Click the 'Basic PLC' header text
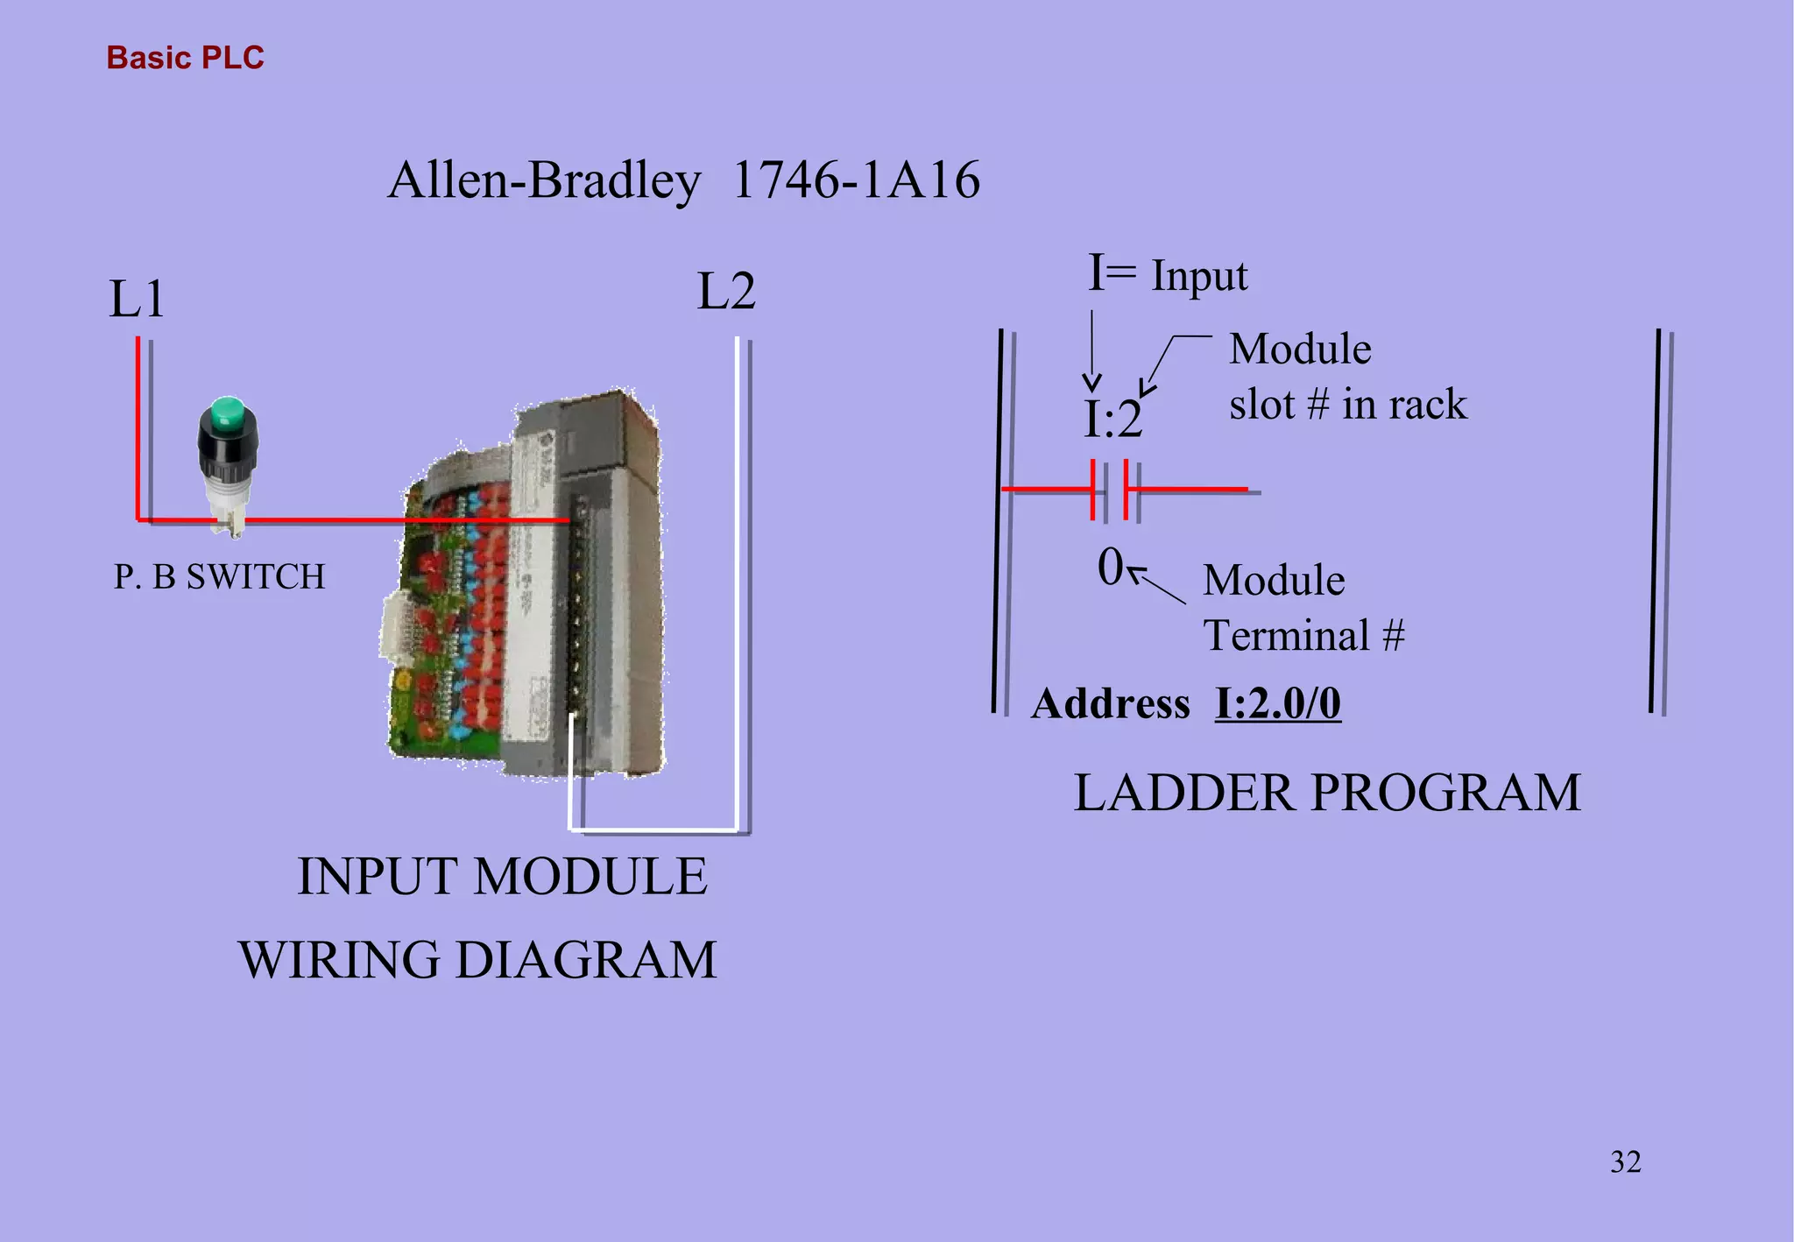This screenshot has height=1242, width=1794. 185,58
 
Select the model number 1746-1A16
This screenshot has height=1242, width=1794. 856,180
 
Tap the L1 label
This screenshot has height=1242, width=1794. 137,300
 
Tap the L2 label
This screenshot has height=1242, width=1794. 726,292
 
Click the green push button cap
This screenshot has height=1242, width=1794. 228,414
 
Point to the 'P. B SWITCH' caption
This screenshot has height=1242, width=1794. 219,577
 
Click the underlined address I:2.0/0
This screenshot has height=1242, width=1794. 1277,703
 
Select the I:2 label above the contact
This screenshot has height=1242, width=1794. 1112,420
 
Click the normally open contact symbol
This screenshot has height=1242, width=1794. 1109,490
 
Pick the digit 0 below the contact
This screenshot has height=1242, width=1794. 1110,567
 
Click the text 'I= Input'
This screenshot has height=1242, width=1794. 1168,275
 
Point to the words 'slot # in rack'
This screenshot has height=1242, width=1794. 1347,405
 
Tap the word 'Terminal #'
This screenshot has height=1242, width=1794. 1303,636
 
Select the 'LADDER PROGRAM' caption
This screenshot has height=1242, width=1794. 1327,794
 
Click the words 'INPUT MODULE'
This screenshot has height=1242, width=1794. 502,877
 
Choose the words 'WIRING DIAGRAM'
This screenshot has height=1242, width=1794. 478,960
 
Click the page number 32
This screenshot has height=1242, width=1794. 1625,1162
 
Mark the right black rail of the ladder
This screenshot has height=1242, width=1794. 1655,521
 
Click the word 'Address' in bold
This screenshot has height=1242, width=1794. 1111,703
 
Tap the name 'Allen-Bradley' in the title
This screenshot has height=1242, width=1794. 544,180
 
